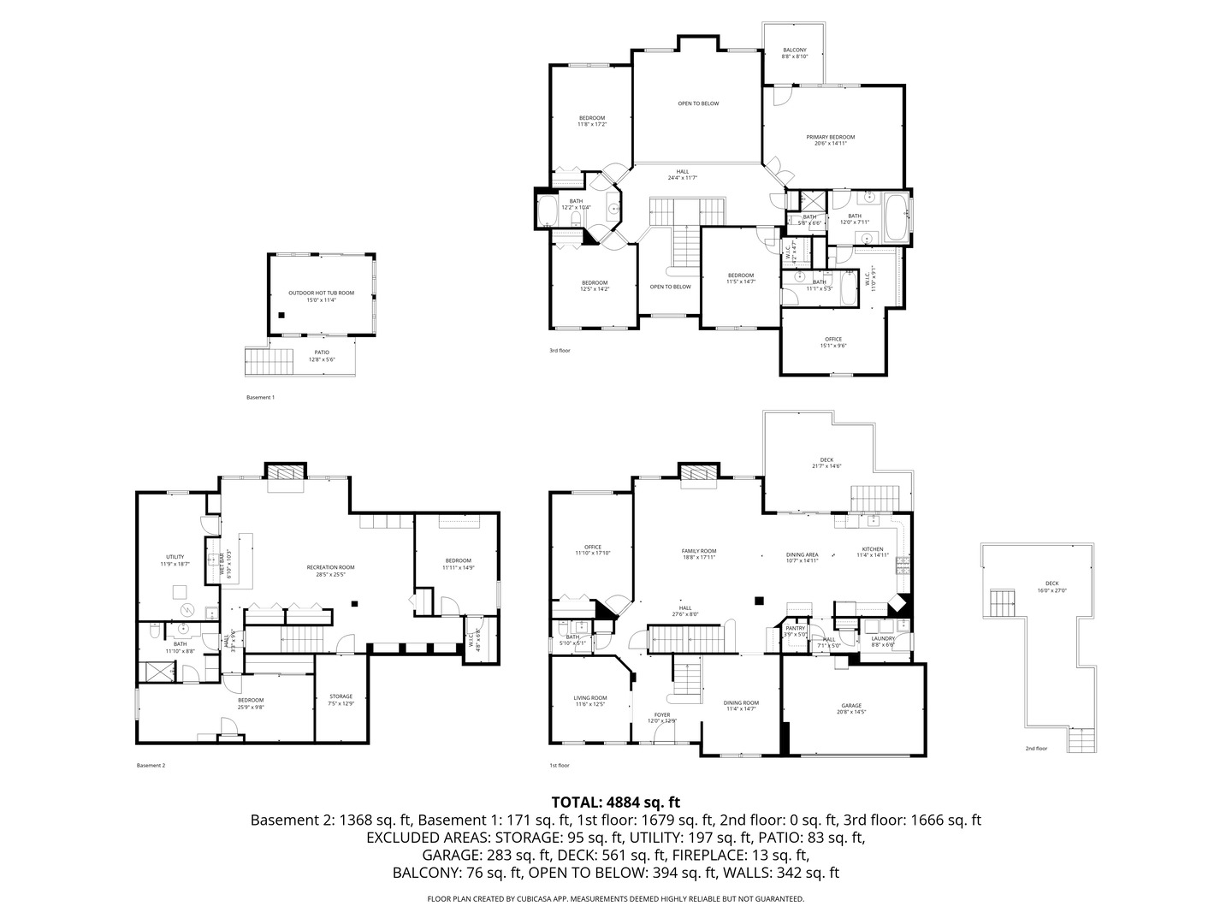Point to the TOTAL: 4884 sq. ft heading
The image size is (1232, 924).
[615, 803]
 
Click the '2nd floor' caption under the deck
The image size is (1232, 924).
[1036, 749]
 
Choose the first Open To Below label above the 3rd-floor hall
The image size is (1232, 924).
[698, 104]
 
